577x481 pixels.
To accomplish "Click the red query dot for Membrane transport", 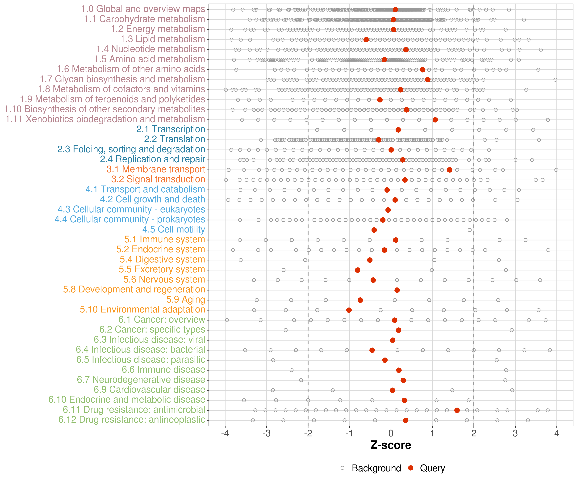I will point(450,170).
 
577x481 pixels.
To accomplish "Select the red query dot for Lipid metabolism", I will point(366,40).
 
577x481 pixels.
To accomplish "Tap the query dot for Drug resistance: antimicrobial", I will point(457,410).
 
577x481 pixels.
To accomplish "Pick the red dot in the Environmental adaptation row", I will point(349,310).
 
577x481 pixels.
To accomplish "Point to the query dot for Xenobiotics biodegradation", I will point(435,120).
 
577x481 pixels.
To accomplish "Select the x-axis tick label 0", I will point(391,433).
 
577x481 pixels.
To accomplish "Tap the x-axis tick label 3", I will point(515,433).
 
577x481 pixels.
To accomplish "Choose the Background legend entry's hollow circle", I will point(342,468).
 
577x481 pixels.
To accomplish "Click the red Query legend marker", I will point(411,468).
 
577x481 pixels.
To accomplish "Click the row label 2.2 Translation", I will point(175,139).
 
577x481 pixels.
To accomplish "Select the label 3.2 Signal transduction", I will point(158,179).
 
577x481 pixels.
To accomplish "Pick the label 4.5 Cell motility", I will point(174,229).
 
